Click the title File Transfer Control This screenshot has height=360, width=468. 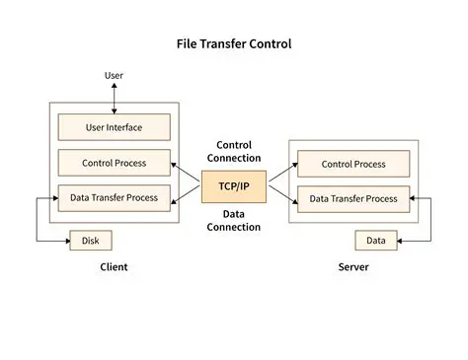[233, 43]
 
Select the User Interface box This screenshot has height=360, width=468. [114, 126]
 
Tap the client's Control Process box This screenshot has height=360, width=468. [114, 162]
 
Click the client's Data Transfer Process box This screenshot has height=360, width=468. [114, 197]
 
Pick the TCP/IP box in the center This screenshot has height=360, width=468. [233, 185]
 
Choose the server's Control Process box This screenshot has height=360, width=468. [352, 164]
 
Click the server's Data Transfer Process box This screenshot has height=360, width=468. [352, 198]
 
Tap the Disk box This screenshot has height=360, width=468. [91, 240]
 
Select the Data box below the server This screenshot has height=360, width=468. [375, 240]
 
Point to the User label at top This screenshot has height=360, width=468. [114, 76]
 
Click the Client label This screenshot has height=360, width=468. [114, 267]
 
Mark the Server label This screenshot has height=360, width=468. [352, 267]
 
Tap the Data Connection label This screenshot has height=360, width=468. [233, 220]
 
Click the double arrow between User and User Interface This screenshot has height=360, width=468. [114, 98]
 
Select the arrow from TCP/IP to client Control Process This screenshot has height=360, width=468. [187, 172]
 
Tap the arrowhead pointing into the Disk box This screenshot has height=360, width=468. [65, 240]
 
